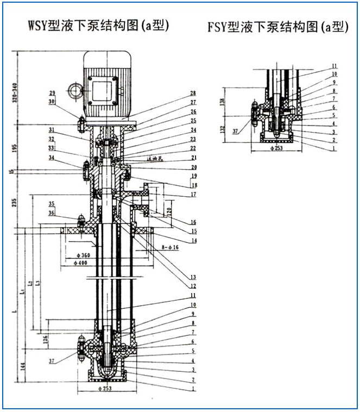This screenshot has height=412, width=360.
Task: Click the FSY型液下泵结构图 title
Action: (x=277, y=27)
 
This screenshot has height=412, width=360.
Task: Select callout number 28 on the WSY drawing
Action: (x=193, y=93)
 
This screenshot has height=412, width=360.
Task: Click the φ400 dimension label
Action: (x=82, y=263)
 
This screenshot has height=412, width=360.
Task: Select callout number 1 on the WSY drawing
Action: (x=193, y=389)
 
